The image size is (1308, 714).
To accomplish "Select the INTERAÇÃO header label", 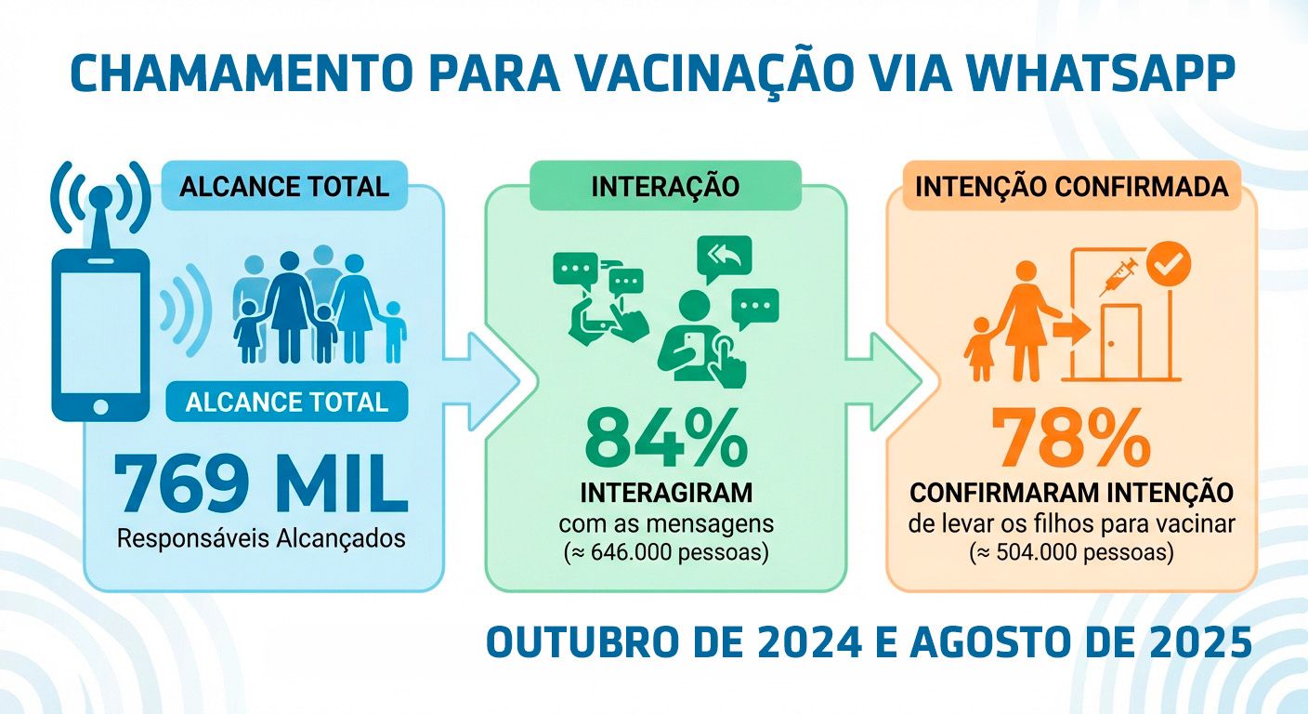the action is tap(665, 186).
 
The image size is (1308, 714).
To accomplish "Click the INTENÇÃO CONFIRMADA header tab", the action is tap(1071, 186).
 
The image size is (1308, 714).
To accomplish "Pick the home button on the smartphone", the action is tap(100, 406).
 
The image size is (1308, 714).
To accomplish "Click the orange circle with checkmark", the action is tap(1169, 264).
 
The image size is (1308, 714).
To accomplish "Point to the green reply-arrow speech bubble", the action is tap(724, 258).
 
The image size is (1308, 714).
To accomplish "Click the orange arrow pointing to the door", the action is tap(1071, 330).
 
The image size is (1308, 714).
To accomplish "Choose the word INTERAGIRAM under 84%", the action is tap(666, 493).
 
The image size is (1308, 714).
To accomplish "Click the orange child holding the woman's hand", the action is tap(980, 349).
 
